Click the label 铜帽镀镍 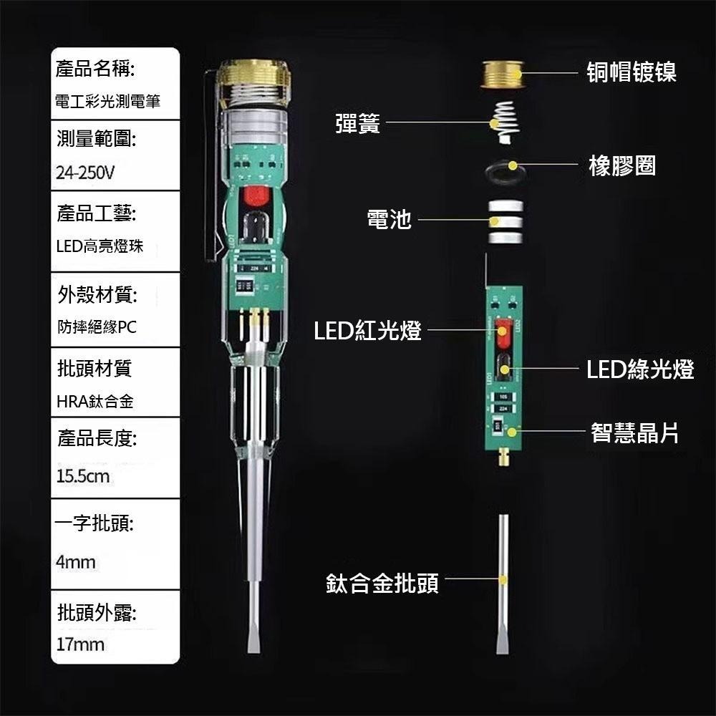pyautogui.click(x=632, y=72)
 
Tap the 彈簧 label pyautogui.click(x=358, y=124)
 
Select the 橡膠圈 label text pyautogui.click(x=621, y=166)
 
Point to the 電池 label pyautogui.click(x=389, y=219)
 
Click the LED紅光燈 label pyautogui.click(x=368, y=331)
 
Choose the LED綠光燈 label pyautogui.click(x=640, y=370)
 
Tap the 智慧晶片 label pyautogui.click(x=634, y=432)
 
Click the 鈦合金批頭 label pyautogui.click(x=382, y=583)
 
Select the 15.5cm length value pyautogui.click(x=83, y=475)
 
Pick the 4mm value pyautogui.click(x=76, y=562)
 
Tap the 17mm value pyautogui.click(x=80, y=644)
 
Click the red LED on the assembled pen pyautogui.click(x=254, y=198)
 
